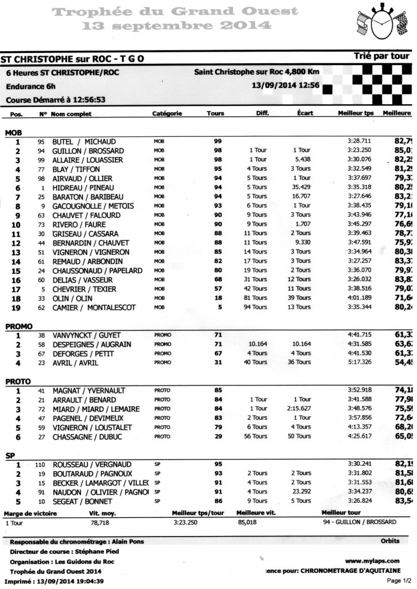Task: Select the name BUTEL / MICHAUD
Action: point(84,141)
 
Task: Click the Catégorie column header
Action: point(167,114)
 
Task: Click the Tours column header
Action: point(215,114)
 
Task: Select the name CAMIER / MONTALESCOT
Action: point(94,308)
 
